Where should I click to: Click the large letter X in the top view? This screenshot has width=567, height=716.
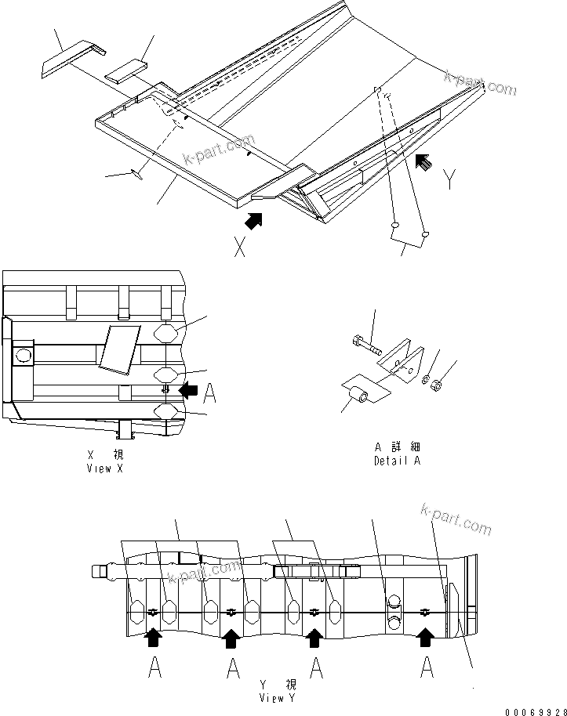pyautogui.click(x=241, y=248)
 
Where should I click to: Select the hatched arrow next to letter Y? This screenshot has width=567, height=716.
pyautogui.click(x=423, y=162)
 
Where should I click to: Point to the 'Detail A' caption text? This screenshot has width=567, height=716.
pyautogui.click(x=397, y=454)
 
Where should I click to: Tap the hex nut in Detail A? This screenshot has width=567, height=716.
pyautogui.click(x=437, y=385)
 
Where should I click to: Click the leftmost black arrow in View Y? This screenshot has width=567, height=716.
pyautogui.click(x=154, y=638)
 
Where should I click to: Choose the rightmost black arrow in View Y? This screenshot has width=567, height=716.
pyautogui.click(x=425, y=638)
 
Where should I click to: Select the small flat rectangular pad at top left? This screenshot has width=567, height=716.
pyautogui.click(x=127, y=71)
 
